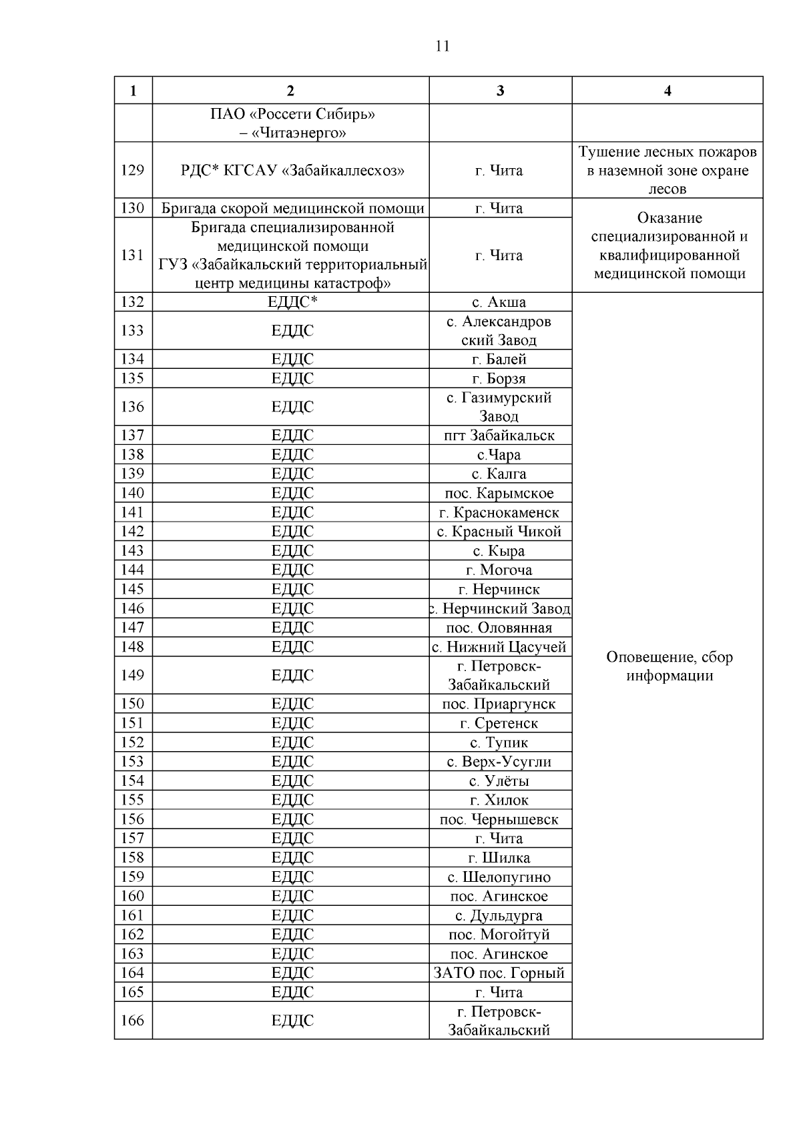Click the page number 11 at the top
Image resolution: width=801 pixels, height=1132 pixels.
coord(442,46)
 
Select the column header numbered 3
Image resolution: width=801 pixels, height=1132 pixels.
coord(500,91)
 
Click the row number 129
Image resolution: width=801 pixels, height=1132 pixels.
coord(132,170)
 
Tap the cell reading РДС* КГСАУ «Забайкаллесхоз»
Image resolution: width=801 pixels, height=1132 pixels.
coord(292,171)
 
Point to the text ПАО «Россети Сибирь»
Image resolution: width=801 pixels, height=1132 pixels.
coord(292,115)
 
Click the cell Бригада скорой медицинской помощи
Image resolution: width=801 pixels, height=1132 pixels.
coord(292,209)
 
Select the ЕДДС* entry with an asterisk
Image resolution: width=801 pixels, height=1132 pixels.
coord(292,302)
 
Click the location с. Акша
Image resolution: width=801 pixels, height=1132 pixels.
coord(499,302)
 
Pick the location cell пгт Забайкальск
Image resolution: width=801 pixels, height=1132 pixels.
coord(499,436)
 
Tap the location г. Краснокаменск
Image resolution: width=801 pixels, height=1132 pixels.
coord(499,513)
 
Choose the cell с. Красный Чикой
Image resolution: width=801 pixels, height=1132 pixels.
coord(499,532)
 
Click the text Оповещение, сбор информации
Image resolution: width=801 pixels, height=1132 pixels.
coord(669,666)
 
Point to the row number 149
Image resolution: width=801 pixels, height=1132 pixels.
coord(132,676)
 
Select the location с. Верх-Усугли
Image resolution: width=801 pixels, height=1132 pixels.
coord(499,762)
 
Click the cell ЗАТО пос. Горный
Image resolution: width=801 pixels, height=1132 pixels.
coord(499,973)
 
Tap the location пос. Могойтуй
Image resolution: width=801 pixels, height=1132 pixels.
coord(499,935)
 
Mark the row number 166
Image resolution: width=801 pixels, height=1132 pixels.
coord(132,1021)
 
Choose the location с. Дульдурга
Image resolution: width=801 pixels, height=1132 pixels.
coord(499,916)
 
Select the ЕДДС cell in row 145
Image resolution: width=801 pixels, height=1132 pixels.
coord(292,590)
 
